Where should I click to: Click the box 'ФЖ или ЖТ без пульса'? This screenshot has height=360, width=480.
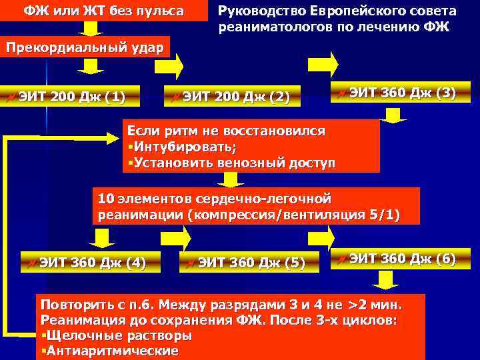tap(104, 11)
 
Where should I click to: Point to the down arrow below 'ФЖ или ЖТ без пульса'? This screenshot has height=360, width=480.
tap(88, 27)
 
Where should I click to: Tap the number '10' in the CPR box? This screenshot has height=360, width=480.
tap(105, 199)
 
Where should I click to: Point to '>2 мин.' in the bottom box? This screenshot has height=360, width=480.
tap(376, 305)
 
